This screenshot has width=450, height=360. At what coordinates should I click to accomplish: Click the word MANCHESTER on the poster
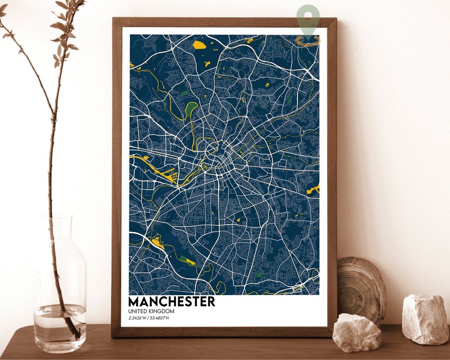[172, 301]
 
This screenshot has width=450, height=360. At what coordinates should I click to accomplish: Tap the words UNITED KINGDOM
[151, 311]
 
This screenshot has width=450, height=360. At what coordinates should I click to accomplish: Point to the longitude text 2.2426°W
[137, 319]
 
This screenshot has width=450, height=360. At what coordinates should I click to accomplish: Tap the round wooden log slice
[361, 289]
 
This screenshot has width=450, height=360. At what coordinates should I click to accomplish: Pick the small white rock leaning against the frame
[357, 332]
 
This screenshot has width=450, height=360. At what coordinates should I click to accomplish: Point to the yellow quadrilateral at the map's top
[200, 45]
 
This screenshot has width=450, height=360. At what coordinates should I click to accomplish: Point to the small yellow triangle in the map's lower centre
[238, 219]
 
